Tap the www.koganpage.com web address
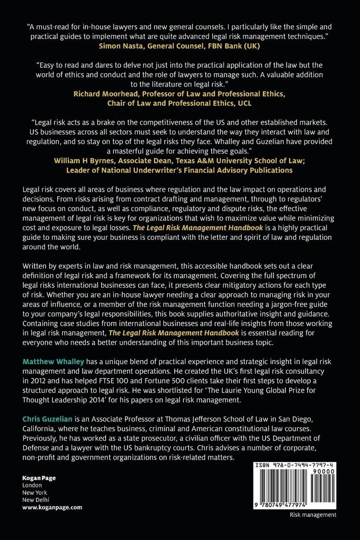52,507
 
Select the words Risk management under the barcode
312,515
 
